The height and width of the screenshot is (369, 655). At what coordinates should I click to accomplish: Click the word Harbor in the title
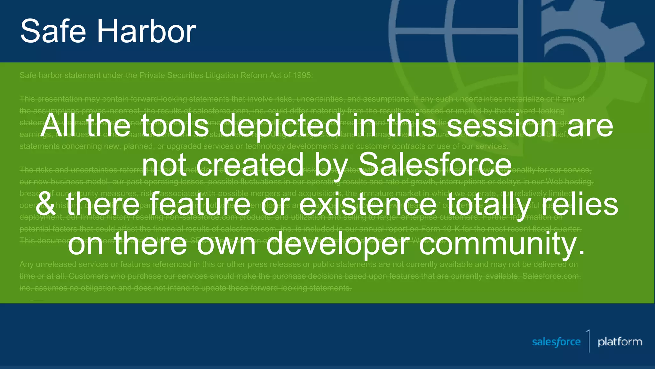coord(146,31)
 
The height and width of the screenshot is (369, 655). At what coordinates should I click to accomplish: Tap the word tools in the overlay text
coord(175,126)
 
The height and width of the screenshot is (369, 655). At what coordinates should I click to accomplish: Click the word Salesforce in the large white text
coord(435,165)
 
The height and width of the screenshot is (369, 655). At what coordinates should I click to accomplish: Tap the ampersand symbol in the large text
coord(46,204)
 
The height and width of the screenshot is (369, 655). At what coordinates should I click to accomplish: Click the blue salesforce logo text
coord(556,342)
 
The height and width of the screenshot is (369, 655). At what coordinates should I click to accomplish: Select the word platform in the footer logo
coord(620,342)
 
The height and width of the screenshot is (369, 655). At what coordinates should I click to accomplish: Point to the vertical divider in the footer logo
coord(589,341)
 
